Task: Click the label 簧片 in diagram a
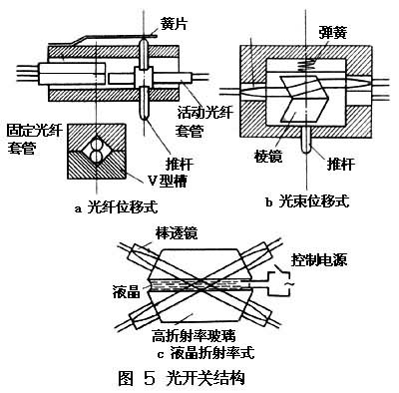click(x=173, y=23)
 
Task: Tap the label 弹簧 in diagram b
click(x=332, y=32)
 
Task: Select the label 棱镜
click(x=268, y=156)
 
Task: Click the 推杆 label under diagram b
click(x=341, y=164)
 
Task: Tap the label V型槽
click(x=168, y=181)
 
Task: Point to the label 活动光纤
click(x=204, y=113)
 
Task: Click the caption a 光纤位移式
click(x=116, y=207)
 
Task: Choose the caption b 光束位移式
click(x=307, y=201)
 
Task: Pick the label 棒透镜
click(x=177, y=233)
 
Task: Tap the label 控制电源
click(x=319, y=259)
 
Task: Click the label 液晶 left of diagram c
click(x=127, y=292)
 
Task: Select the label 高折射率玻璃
click(x=194, y=336)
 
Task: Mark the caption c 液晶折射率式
click(x=206, y=352)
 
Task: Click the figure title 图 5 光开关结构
click(x=182, y=378)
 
